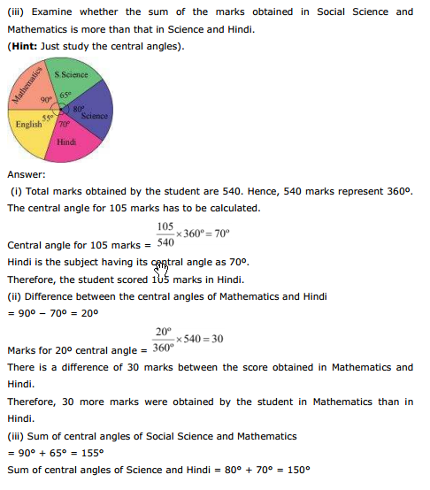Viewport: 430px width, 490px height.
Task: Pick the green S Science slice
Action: (x=70, y=78)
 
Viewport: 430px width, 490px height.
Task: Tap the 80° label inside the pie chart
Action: (x=77, y=109)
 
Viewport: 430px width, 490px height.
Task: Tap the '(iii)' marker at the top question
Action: (x=16, y=11)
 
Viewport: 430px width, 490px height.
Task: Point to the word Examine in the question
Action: (x=58, y=11)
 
